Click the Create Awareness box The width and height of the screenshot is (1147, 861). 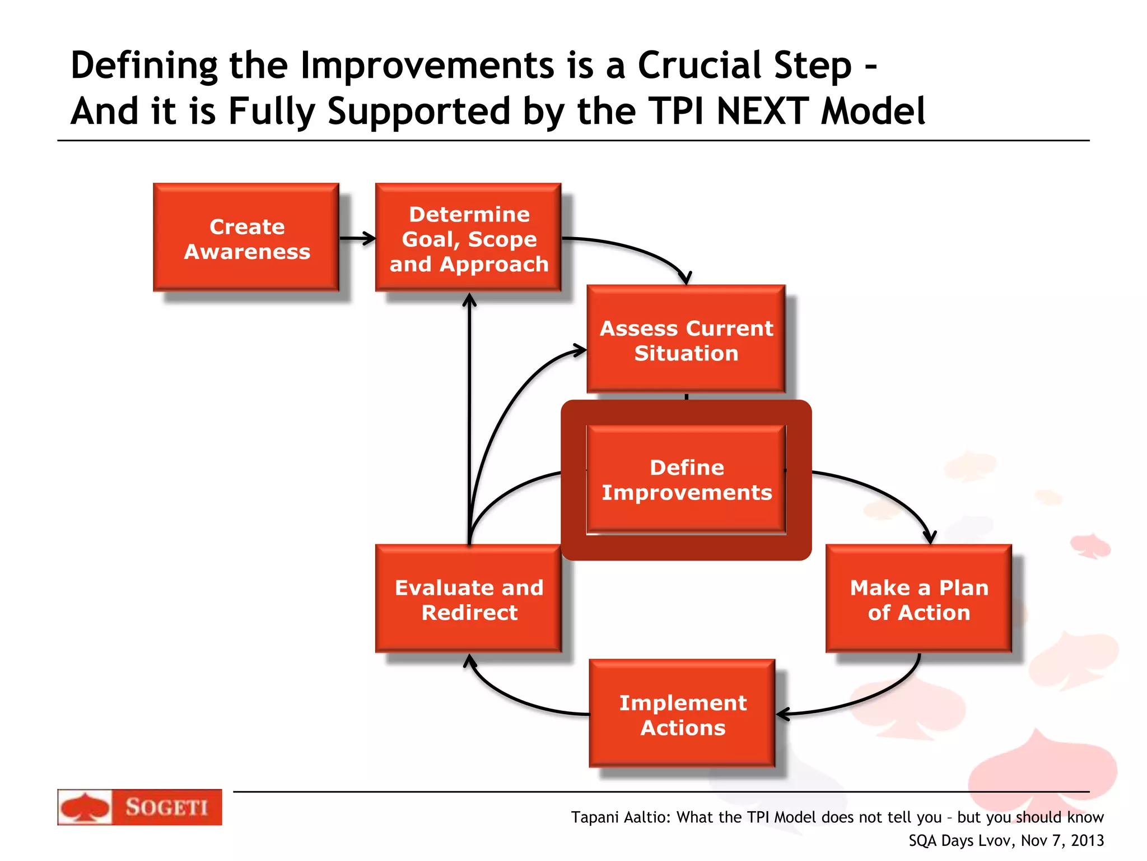[246, 238]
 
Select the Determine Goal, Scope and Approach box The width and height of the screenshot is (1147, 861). [468, 238]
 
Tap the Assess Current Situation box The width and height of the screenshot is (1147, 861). [686, 339]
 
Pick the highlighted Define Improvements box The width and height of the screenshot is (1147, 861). [686, 479]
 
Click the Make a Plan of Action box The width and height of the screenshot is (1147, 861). [918, 599]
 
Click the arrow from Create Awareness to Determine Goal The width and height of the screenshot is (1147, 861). [357, 238]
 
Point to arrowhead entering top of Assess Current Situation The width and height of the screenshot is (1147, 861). [686, 278]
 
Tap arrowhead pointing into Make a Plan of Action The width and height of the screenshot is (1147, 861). [930, 537]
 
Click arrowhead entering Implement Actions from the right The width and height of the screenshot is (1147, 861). [783, 714]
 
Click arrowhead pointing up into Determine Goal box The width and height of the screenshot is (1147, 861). [469, 300]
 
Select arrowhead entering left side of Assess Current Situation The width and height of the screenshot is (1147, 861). [579, 351]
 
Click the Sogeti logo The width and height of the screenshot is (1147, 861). [139, 807]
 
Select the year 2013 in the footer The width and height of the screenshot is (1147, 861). [1087, 840]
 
